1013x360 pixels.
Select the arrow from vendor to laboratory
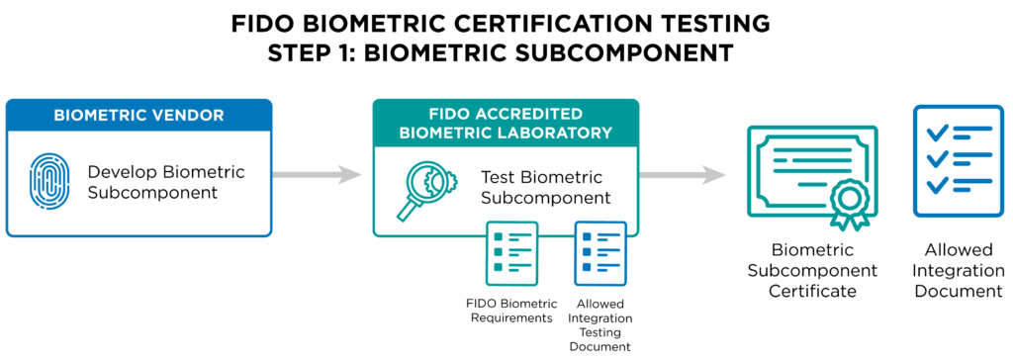point(318,175)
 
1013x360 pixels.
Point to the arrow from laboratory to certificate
point(683,175)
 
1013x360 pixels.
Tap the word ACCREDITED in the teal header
point(527,114)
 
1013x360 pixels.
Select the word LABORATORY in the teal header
point(562,133)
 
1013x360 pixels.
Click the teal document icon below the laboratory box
point(511,252)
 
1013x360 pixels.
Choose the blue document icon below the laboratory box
point(600,252)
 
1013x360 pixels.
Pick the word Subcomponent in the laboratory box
point(545,198)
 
